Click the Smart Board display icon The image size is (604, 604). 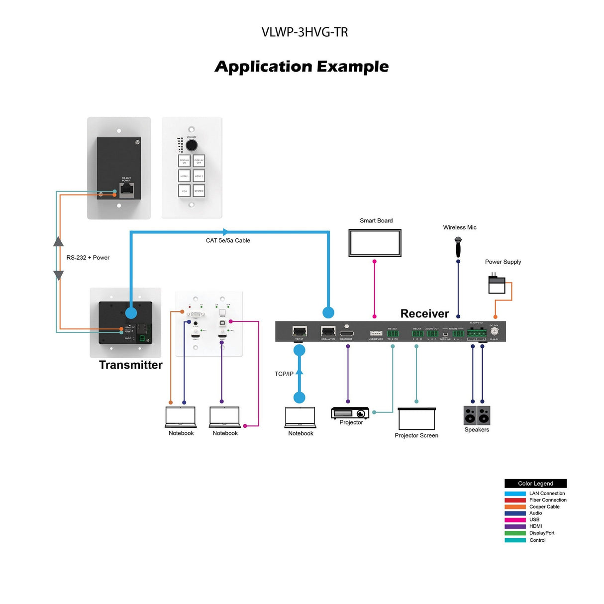[x=375, y=243]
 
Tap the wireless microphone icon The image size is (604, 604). [x=458, y=246]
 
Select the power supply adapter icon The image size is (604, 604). [x=497, y=285]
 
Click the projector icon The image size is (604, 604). [x=350, y=413]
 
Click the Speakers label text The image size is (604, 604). [x=477, y=430]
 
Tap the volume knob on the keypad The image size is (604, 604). [x=192, y=146]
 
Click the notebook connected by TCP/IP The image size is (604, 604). [x=300, y=417]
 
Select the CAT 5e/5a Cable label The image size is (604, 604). [x=228, y=241]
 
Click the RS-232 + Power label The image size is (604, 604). [x=88, y=258]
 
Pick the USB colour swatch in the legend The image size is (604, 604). [x=515, y=520]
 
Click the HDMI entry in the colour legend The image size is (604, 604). [x=535, y=526]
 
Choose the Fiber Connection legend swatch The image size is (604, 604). [x=515, y=500]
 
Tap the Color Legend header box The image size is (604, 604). [x=535, y=484]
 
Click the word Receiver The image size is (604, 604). [x=424, y=313]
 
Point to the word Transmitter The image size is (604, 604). [x=131, y=365]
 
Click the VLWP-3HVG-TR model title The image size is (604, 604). [x=304, y=32]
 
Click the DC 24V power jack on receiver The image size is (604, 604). [x=495, y=331]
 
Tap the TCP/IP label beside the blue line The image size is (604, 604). [x=284, y=374]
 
